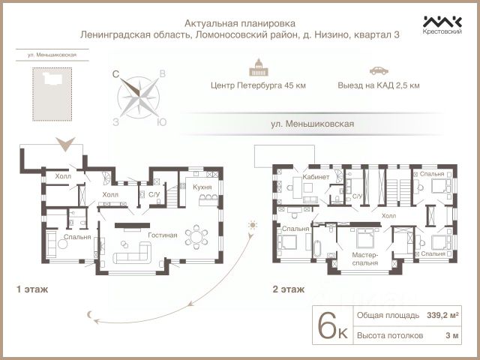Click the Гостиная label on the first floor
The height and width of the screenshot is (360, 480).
162,235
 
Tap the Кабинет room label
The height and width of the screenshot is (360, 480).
316,177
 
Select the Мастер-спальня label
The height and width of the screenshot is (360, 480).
365,259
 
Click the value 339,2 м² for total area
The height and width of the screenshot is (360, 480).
442,316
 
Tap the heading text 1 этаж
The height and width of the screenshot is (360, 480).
29,287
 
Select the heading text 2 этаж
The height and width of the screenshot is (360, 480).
289,287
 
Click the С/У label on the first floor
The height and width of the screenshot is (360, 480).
154,195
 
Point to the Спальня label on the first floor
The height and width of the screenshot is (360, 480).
77,237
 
